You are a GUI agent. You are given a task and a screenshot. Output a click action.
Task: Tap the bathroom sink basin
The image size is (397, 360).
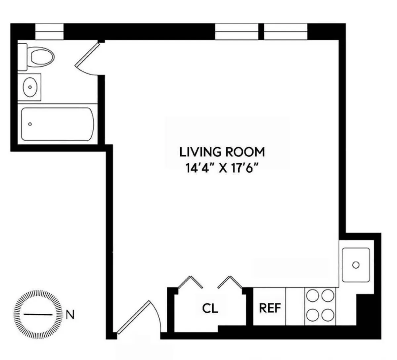tap(30, 87)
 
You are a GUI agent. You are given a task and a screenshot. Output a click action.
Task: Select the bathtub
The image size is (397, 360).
tap(57, 124)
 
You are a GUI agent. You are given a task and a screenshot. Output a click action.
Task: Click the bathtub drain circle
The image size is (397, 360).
tap(30, 124)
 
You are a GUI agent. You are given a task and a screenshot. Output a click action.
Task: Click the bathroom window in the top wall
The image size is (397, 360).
tap(49, 31)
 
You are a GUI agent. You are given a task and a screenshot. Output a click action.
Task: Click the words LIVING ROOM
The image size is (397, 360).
tap(222, 152)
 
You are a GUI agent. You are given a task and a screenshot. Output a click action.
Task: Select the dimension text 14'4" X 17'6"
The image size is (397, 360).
tap(222, 168)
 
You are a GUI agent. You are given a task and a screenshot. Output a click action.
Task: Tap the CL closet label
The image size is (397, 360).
tap(210, 309)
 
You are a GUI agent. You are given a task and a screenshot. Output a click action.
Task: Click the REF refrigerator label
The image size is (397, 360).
tap(270, 308)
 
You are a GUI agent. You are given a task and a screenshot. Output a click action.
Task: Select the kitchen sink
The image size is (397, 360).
tap(356, 265)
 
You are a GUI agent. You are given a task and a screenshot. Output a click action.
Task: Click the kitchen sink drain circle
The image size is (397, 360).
tap(356, 265)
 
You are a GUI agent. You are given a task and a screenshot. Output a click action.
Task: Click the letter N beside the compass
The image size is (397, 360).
tap(70, 315)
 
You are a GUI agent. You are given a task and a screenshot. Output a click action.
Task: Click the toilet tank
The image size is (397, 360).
tap(22, 57)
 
